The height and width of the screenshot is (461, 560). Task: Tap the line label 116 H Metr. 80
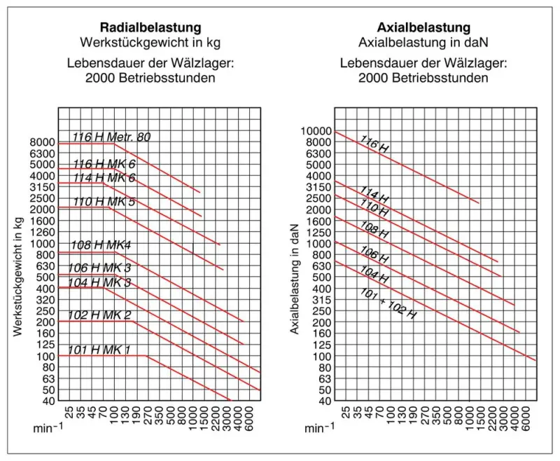111,137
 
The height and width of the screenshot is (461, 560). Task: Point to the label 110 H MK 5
104,201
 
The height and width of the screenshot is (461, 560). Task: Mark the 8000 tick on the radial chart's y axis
41,142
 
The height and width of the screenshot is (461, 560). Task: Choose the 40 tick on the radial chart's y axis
47,401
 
